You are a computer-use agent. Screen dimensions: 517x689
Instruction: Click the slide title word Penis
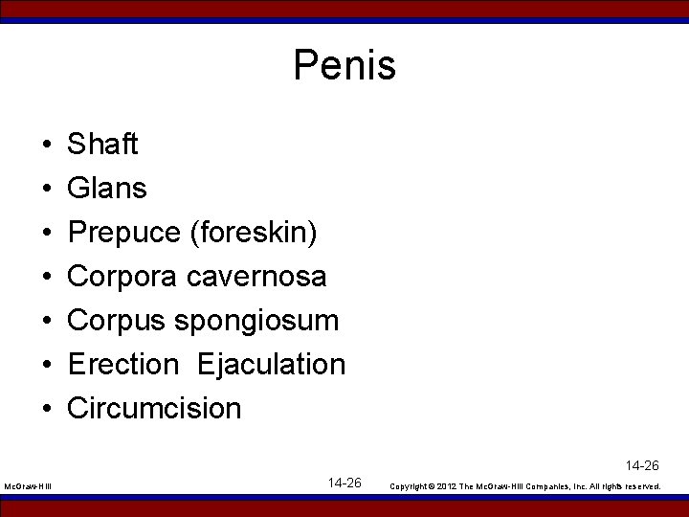coord(344,66)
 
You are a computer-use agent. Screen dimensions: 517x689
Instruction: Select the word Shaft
coord(102,145)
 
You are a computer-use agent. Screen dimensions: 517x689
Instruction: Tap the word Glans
coord(106,189)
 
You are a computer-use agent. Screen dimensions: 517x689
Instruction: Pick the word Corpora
coord(122,277)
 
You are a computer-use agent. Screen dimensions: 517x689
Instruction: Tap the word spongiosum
coord(256,321)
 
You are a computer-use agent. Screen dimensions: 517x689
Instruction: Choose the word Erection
coord(122,365)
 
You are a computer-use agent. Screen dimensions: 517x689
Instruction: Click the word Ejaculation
coord(272,365)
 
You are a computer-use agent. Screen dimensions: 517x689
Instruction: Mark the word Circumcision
coord(154,409)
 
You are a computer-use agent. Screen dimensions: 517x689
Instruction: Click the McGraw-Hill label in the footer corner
coord(29,487)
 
